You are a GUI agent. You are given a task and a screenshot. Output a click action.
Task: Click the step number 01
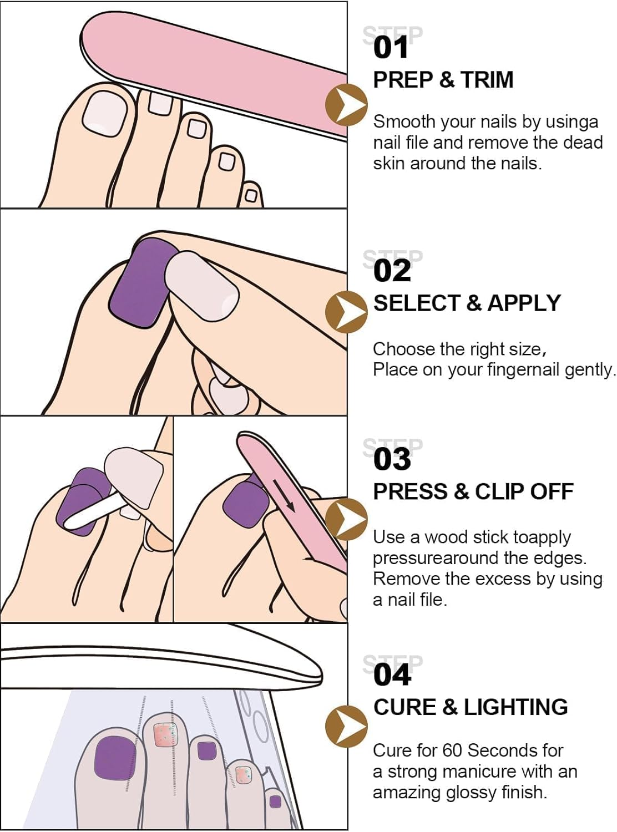click(391, 47)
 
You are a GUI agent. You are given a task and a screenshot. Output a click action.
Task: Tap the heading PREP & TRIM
click(443, 80)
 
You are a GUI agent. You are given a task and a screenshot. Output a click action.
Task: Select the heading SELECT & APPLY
click(467, 303)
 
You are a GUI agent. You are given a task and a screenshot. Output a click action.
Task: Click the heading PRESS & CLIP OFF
click(473, 491)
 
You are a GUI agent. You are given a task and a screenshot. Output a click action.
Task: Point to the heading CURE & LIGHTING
click(471, 707)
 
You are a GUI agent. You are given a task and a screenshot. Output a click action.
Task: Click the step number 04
click(392, 675)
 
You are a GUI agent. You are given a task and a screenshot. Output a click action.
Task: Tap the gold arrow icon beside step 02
click(346, 312)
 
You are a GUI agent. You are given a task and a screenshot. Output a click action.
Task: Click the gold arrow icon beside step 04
click(346, 726)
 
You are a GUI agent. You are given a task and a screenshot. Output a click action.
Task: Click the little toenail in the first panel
click(251, 195)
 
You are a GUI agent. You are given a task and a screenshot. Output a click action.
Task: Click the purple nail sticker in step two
click(139, 283)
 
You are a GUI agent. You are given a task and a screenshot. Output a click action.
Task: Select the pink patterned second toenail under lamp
click(164, 735)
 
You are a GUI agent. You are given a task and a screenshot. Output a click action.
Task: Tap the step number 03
click(392, 459)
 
